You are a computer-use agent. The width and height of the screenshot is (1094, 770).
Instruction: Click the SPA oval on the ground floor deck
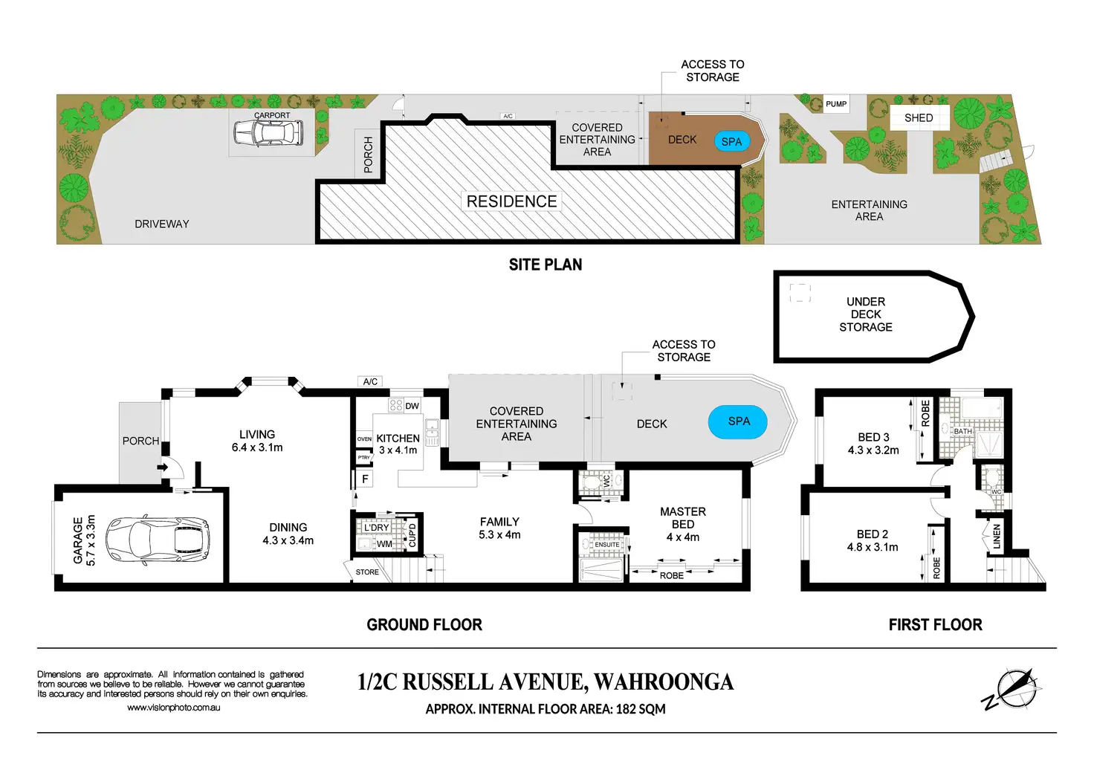coord(737,421)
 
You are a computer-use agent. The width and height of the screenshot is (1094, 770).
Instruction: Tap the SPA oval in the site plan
coord(731,141)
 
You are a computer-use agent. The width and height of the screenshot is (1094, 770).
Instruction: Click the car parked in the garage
coord(157,539)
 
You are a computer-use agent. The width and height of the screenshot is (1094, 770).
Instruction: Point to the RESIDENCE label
coord(511,201)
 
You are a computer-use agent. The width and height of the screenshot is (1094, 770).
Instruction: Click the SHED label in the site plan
coord(919,118)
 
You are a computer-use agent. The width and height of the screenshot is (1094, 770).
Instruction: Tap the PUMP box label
coord(836,104)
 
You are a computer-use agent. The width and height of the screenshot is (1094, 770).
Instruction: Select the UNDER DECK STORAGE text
coord(866,314)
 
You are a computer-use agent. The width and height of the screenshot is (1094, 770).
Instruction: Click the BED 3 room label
coord(873,437)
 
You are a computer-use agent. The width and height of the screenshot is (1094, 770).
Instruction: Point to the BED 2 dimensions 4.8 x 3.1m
coord(873,547)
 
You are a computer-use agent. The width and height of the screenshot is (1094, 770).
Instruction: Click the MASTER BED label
coord(682,518)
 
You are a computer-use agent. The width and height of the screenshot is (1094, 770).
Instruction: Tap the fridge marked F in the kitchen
coord(365,479)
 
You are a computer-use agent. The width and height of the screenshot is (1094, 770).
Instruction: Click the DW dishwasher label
coord(412,406)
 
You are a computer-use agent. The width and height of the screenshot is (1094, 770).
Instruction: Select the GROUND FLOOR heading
coord(424,625)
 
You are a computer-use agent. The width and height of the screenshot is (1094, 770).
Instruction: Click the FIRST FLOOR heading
coord(935,625)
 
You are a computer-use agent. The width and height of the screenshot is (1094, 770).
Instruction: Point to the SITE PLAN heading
coord(546,265)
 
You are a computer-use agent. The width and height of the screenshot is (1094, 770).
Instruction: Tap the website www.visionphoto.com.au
coord(173,708)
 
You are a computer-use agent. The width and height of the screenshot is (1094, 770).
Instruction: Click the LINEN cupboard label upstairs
coord(997,537)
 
